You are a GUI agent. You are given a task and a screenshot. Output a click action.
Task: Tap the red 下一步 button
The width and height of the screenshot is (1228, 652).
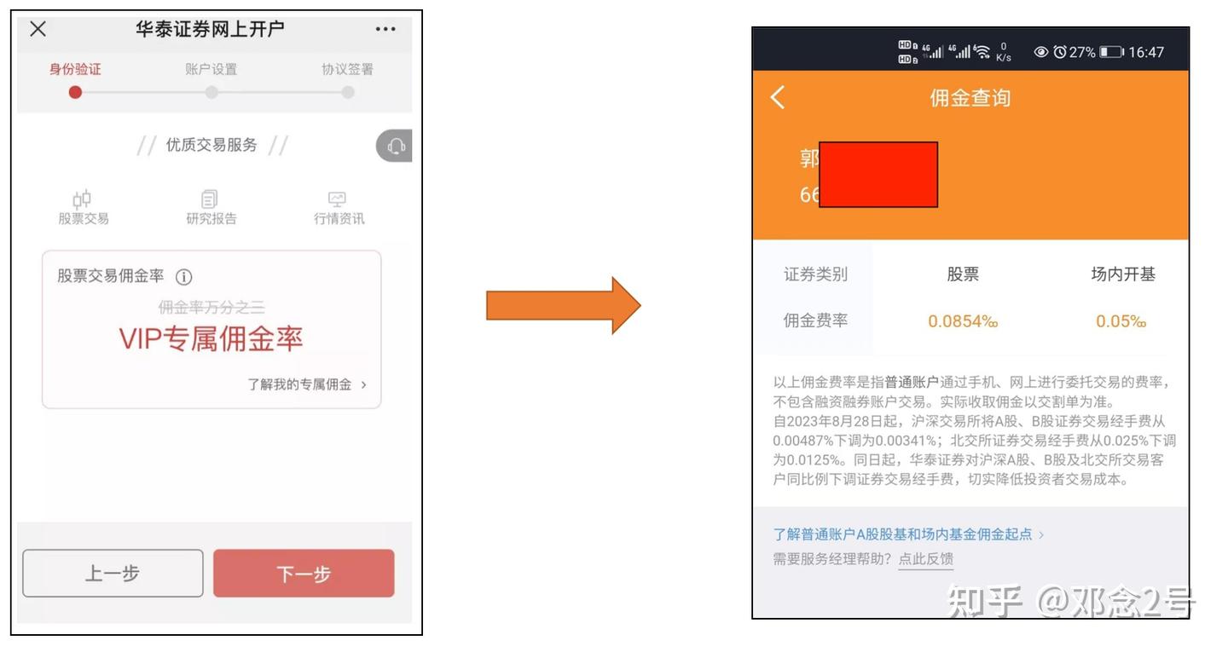coord(304,574)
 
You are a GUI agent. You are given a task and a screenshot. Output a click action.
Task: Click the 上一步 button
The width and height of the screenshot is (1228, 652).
coord(113,574)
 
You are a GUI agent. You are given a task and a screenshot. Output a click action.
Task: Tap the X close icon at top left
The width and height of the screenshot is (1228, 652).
coord(38,29)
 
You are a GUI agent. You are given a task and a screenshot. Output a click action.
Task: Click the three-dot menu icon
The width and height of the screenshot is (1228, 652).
coord(385,29)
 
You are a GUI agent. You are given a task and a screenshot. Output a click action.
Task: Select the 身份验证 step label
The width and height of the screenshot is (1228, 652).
coord(75,69)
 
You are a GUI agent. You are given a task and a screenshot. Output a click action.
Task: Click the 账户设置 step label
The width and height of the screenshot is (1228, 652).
coord(211,69)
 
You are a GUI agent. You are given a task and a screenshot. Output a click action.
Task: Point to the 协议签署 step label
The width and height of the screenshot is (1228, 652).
coord(347,69)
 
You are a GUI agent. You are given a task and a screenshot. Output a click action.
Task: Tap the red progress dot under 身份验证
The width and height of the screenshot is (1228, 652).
coord(75,92)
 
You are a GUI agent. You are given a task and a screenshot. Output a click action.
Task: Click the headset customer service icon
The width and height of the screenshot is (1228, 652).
coord(397,147)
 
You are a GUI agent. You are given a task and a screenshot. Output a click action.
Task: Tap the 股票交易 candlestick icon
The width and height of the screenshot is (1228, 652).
coord(83,199)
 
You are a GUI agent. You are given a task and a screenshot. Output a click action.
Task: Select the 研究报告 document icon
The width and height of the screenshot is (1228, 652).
coord(210,199)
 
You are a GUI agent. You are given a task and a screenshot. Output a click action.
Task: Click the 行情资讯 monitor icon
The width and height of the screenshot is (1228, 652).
coord(338,199)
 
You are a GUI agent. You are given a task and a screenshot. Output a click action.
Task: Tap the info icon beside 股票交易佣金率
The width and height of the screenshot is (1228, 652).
coord(184,277)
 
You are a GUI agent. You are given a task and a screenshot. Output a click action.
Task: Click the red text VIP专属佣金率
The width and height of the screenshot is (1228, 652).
coord(211,339)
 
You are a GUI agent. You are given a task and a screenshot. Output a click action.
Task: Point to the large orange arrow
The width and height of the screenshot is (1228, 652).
coord(563,305)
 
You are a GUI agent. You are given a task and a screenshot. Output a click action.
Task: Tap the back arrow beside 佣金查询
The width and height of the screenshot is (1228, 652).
coord(778,98)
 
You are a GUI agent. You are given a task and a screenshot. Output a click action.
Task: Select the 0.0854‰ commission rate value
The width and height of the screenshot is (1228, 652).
coord(963,321)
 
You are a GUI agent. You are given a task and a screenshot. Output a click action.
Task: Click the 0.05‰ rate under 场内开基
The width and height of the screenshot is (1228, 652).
coord(1121,321)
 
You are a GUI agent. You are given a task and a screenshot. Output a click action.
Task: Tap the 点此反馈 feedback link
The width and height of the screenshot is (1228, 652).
coord(926,559)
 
